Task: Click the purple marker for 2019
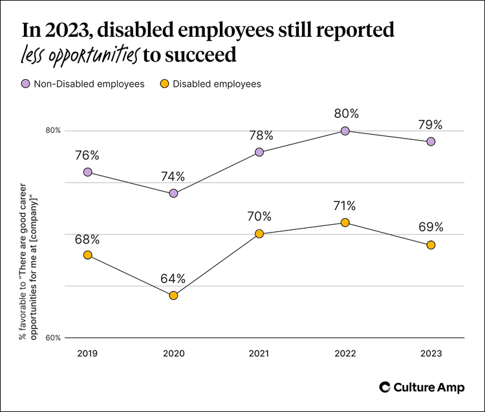coord(87,172)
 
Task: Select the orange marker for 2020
coord(173,295)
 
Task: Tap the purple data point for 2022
coord(345,131)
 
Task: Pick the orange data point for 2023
coord(431,245)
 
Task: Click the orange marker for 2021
coord(259,234)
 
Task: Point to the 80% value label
coord(345,114)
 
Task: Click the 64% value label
coord(173,279)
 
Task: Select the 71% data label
coord(345,206)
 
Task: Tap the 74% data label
coord(173,176)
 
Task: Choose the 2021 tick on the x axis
coord(259,354)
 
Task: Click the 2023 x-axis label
coord(431,354)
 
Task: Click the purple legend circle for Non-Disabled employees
coord(25,84)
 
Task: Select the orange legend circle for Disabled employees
coord(164,84)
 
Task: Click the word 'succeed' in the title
coord(200,56)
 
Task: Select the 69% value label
coord(431,227)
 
